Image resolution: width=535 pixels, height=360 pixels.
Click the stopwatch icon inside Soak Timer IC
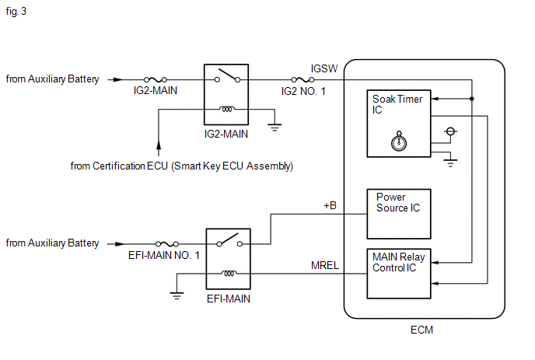399,142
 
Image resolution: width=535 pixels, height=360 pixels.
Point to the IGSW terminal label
324,69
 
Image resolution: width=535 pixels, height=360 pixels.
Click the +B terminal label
330,205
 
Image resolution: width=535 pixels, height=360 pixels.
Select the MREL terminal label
325,265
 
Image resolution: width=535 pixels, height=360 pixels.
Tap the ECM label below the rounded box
421,330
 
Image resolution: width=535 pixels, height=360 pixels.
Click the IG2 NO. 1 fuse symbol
302,80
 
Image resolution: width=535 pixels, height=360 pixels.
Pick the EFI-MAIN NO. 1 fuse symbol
167,244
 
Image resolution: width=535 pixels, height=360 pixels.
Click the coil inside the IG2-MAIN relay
227,109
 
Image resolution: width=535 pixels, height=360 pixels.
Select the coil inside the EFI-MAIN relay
229,274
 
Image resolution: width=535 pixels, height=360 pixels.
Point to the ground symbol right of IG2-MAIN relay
274,128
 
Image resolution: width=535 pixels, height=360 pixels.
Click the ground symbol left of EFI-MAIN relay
177,295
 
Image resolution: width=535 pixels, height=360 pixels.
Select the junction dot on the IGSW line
472,99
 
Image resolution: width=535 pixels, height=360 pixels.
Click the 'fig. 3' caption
16,12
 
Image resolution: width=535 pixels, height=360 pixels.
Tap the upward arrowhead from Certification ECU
159,145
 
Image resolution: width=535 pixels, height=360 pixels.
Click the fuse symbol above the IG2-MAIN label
156,80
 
